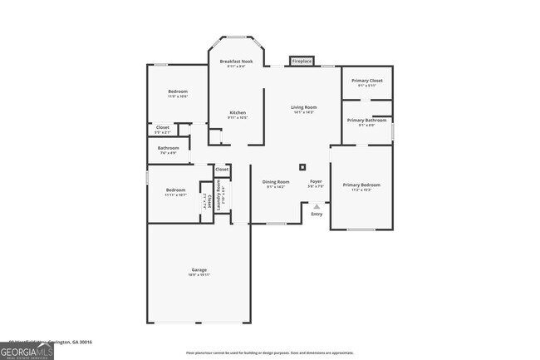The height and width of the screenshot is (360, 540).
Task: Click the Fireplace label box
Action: pos(302,61)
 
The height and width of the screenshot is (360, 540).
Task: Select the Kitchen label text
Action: pos(238,115)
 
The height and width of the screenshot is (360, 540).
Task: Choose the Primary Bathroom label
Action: pos(366,122)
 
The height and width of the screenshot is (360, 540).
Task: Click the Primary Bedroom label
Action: pos(361,186)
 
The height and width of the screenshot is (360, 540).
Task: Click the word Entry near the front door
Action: pos(317,215)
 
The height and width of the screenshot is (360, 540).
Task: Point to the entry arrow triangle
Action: pos(317,206)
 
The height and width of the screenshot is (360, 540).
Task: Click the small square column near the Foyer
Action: pos(302,166)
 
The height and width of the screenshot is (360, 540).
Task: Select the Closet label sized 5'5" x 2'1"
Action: pos(163,129)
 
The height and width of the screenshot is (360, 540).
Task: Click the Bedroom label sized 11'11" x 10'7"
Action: pos(175,191)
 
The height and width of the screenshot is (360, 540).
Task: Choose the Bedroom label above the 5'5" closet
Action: pos(177,93)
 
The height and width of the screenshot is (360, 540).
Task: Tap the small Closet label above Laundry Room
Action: pos(222,170)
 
